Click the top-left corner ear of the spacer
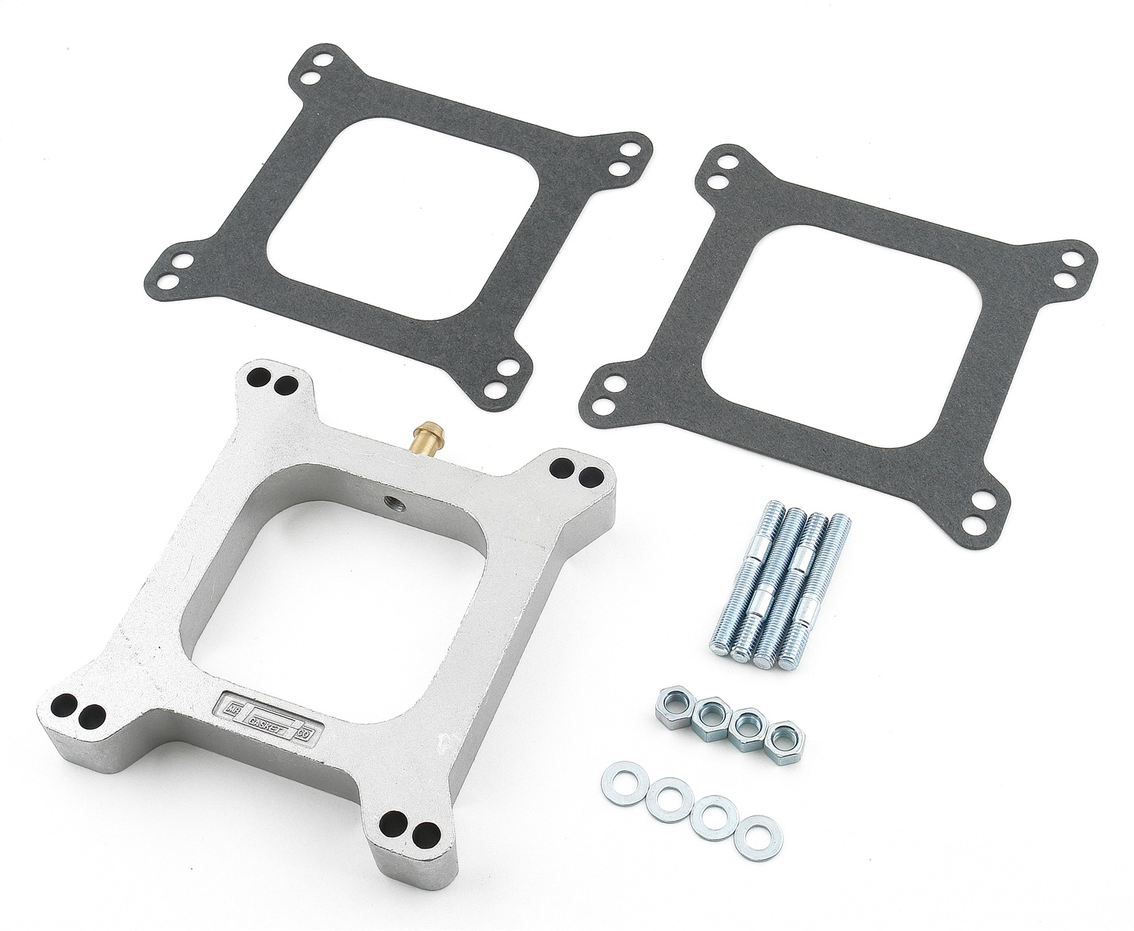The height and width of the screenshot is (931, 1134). [x=274, y=382]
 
